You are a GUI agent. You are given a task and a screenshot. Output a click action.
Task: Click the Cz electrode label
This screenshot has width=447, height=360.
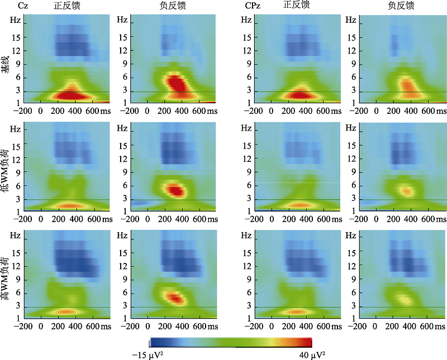click(23, 6)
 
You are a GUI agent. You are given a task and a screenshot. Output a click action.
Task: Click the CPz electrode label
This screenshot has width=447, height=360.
click(253, 6)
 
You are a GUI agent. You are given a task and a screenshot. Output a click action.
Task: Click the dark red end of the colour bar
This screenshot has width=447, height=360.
click(306, 343)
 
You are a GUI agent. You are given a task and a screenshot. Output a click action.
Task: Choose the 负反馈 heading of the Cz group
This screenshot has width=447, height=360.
click(170, 6)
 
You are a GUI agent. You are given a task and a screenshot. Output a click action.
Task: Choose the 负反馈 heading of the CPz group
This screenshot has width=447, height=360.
click(401, 6)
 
